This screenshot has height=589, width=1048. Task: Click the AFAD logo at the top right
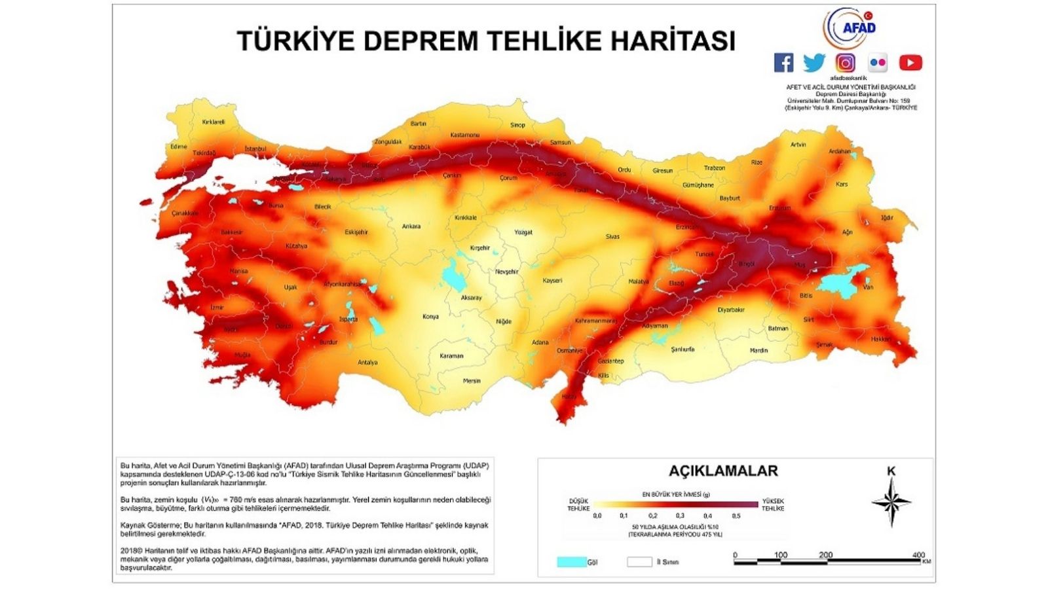850,28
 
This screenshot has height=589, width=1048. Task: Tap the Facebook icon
783,63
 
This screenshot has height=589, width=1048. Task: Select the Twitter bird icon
814,63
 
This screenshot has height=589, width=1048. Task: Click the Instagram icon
846,63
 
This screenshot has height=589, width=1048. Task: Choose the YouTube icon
910,63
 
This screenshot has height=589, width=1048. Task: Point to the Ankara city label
411,226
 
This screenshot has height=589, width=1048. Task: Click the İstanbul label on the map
255,149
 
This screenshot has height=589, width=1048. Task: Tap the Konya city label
430,317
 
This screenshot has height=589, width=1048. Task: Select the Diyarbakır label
731,310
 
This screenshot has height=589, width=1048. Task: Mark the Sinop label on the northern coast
517,125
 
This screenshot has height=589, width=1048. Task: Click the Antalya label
367,362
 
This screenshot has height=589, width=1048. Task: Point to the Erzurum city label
779,208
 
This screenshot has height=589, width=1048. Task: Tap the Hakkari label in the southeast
881,339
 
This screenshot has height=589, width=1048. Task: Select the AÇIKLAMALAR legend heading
723,471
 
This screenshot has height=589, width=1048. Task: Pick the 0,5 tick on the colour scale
736,516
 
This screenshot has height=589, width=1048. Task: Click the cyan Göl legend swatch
571,562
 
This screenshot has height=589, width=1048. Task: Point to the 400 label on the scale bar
918,555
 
